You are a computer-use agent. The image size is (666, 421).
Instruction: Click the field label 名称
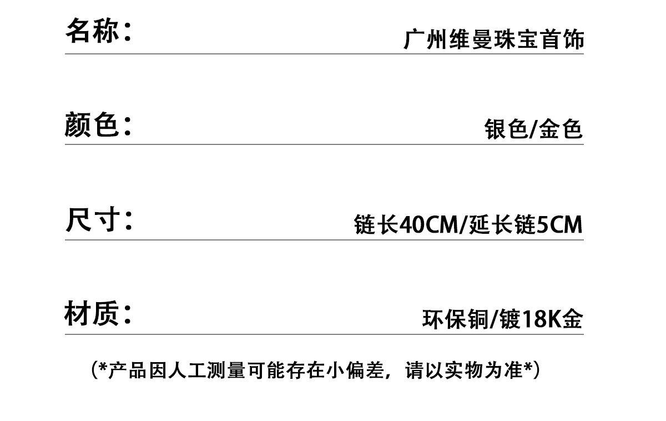[93, 30]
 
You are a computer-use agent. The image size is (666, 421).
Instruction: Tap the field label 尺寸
[92, 220]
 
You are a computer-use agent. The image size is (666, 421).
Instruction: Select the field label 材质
[92, 314]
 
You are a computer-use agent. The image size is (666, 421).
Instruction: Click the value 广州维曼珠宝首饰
[493, 40]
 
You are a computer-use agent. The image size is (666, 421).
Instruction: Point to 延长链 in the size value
[502, 225]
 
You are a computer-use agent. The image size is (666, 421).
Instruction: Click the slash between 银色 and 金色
[533, 129]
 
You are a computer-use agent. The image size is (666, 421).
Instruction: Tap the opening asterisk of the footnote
[103, 367]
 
